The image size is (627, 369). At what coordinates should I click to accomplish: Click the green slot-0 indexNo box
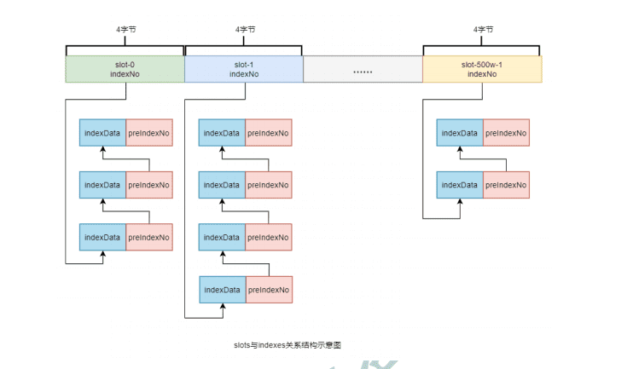click(125, 69)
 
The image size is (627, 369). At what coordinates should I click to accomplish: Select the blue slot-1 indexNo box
click(244, 69)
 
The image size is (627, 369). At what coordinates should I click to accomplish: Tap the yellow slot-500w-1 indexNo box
click(482, 69)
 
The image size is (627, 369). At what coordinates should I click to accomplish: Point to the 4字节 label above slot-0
click(125, 28)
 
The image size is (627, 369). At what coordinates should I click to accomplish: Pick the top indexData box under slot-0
click(102, 133)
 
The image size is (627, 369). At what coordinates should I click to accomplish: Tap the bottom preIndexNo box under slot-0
click(149, 237)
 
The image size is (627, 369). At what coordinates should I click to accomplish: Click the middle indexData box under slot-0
click(102, 185)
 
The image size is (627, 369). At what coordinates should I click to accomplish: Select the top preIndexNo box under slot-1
click(268, 133)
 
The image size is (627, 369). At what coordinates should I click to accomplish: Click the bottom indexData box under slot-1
click(221, 290)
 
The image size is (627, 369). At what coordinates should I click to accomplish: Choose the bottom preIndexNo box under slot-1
click(268, 290)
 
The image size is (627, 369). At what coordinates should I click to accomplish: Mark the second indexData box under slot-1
click(221, 185)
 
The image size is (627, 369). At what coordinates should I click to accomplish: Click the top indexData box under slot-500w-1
click(460, 133)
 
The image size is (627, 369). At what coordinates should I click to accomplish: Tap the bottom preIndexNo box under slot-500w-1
click(506, 185)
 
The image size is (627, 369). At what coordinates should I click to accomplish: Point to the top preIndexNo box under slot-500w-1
click(506, 133)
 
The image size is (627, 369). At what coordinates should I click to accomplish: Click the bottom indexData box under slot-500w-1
click(460, 185)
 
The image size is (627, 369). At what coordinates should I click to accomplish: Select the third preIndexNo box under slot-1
click(268, 237)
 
